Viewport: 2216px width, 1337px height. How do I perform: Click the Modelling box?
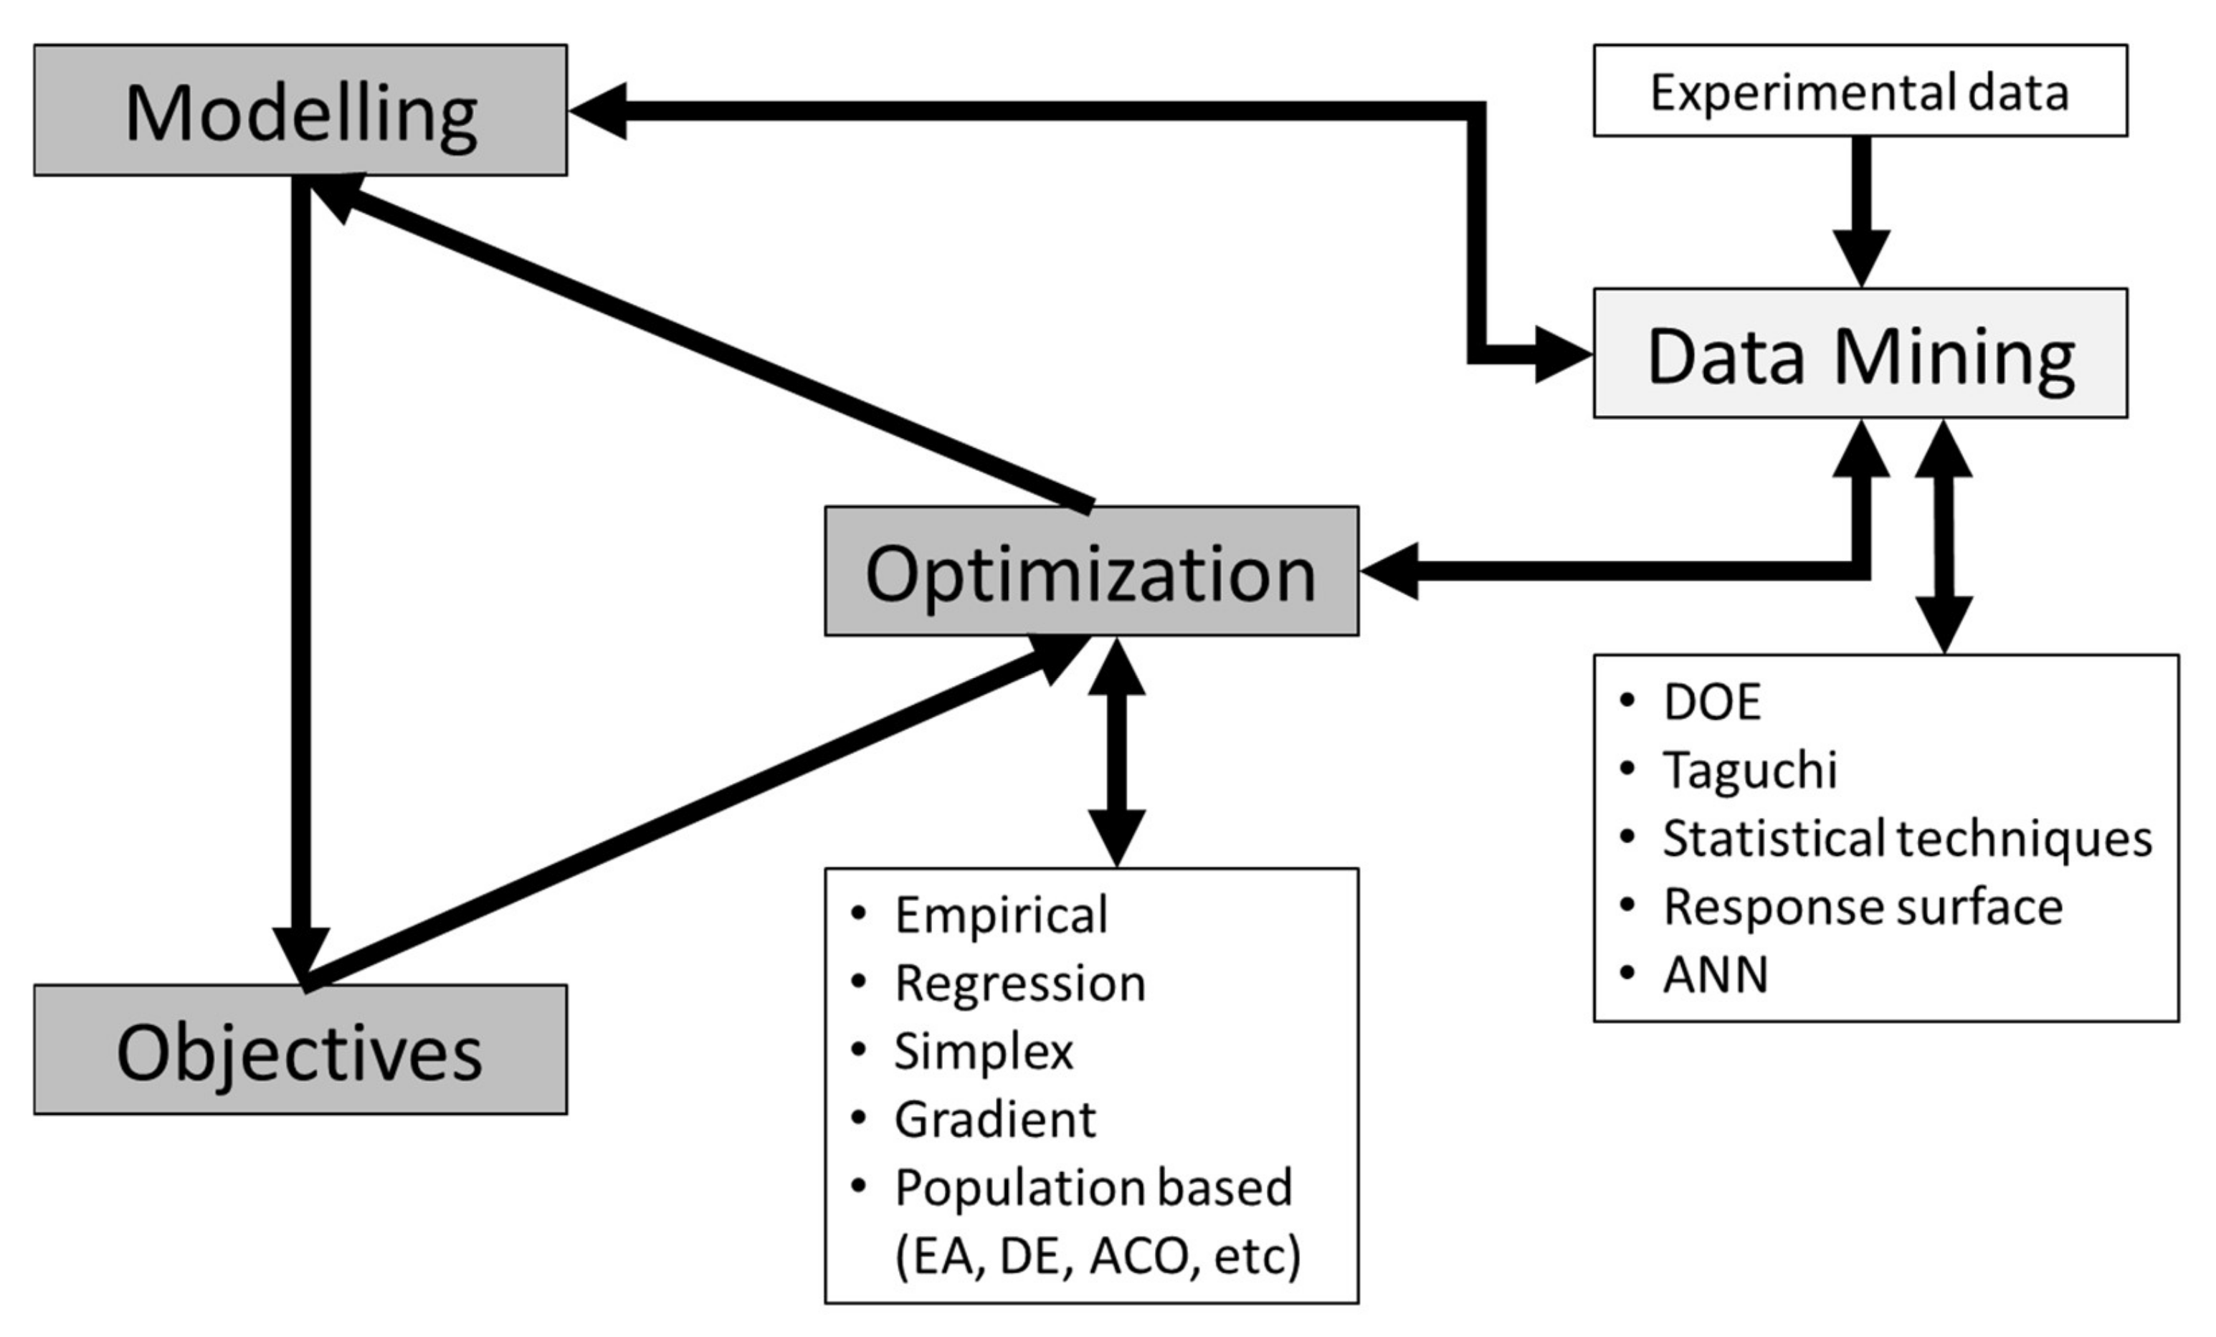[300, 110]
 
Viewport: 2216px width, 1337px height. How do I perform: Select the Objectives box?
[300, 1050]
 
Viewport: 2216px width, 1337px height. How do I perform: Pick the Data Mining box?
[1860, 353]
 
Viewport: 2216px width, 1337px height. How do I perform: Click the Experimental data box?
[1860, 91]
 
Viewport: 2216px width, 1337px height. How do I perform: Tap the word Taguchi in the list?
[1749, 771]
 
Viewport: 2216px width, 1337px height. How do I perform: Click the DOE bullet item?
[1711, 703]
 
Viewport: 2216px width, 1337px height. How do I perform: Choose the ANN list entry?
[1715, 976]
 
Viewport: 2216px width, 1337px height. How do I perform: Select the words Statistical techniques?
[1906, 839]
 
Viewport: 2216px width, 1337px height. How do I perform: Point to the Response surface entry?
[1862, 907]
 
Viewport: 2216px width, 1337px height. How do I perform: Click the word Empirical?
[1000, 916]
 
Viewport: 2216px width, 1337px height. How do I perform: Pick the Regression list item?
[1019, 984]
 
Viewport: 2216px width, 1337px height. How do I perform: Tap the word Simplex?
[983, 1052]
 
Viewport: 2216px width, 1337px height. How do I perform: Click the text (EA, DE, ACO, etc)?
[1097, 1256]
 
